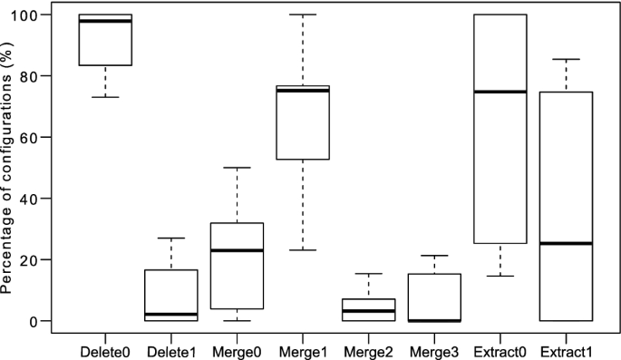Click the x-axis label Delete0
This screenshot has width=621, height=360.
[105, 348]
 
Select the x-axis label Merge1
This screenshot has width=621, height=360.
[303, 348]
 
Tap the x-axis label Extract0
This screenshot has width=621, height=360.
[500, 348]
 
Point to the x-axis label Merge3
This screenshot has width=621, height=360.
[434, 348]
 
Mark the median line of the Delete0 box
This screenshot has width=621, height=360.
[105, 21]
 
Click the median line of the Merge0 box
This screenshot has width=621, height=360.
[237, 250]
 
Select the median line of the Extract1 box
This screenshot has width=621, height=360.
[566, 243]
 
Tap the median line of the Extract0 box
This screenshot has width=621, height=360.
[500, 92]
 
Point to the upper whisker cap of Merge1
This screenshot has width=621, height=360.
[303, 15]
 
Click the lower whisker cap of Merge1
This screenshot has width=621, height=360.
[303, 250]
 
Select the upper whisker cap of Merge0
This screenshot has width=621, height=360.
[237, 168]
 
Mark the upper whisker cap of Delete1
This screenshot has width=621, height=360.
[171, 238]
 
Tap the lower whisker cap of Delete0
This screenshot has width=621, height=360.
[105, 97]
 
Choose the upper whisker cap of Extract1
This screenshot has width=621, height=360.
[566, 59]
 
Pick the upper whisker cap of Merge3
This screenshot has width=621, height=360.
[434, 256]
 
